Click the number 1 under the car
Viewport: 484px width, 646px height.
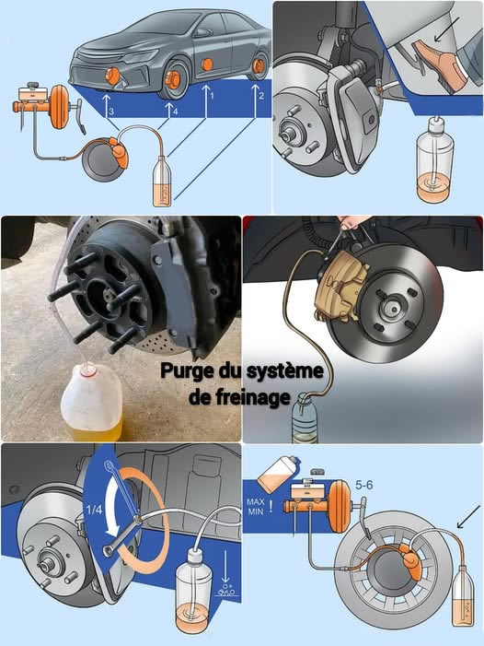coord(212,95)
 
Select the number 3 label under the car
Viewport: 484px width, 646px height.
coord(111,112)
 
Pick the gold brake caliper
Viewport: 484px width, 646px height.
coord(341,293)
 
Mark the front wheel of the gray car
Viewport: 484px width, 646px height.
coord(173,78)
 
